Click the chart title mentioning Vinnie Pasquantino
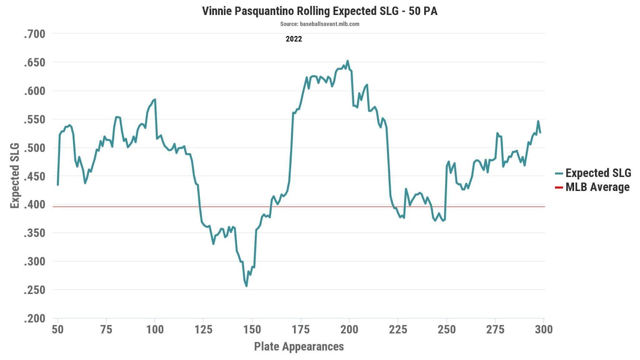click(x=320, y=11)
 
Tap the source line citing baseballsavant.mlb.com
click(x=320, y=24)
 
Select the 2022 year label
click(x=294, y=39)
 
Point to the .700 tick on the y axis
click(x=34, y=34)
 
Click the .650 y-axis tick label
click(x=34, y=62)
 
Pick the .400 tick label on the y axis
click(x=34, y=204)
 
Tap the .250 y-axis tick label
click(x=34, y=290)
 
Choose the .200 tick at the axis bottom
click(x=34, y=318)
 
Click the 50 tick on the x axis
click(x=58, y=329)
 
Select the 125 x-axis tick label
click(x=203, y=329)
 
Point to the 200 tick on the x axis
click(x=349, y=329)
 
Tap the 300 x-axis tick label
click(x=544, y=329)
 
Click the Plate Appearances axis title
click(x=299, y=346)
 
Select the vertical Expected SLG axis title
click(x=15, y=176)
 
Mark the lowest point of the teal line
click(x=246, y=286)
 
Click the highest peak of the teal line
click(x=348, y=61)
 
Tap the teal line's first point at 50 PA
click(x=58, y=185)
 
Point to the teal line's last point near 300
click(x=540, y=132)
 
